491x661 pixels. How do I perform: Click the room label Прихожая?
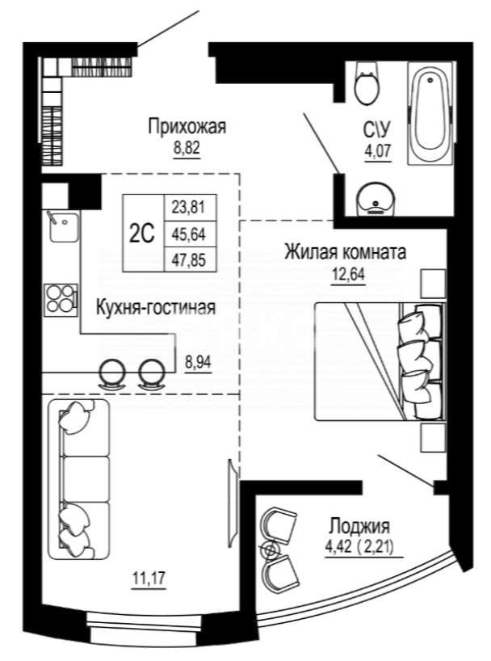pos(186,127)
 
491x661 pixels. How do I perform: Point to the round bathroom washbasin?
pos(375,198)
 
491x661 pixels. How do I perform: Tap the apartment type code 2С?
pos(141,234)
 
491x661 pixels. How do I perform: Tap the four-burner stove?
pos(60,298)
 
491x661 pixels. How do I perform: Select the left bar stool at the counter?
pos(112,373)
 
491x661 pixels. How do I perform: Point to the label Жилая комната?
pos(343,252)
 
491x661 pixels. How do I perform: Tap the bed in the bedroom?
pos(376,360)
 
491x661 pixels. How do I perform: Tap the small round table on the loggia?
pos(270,550)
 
